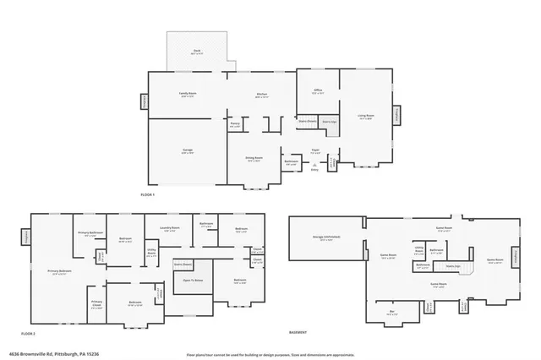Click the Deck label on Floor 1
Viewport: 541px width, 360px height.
coord(196,52)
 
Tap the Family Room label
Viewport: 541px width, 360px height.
coord(187,95)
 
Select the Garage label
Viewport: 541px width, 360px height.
coord(187,150)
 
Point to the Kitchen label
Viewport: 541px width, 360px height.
coord(262,95)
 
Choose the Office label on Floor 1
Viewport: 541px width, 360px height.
coord(317,92)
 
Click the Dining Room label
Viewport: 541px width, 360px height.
coord(254,159)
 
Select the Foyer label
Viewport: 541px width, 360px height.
coord(314,152)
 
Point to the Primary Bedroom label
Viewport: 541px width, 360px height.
coord(59,272)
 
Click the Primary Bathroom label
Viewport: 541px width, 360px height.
coord(90,233)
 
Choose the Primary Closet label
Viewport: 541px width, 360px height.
coord(96,306)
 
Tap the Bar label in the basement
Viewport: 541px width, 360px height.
coord(391,313)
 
